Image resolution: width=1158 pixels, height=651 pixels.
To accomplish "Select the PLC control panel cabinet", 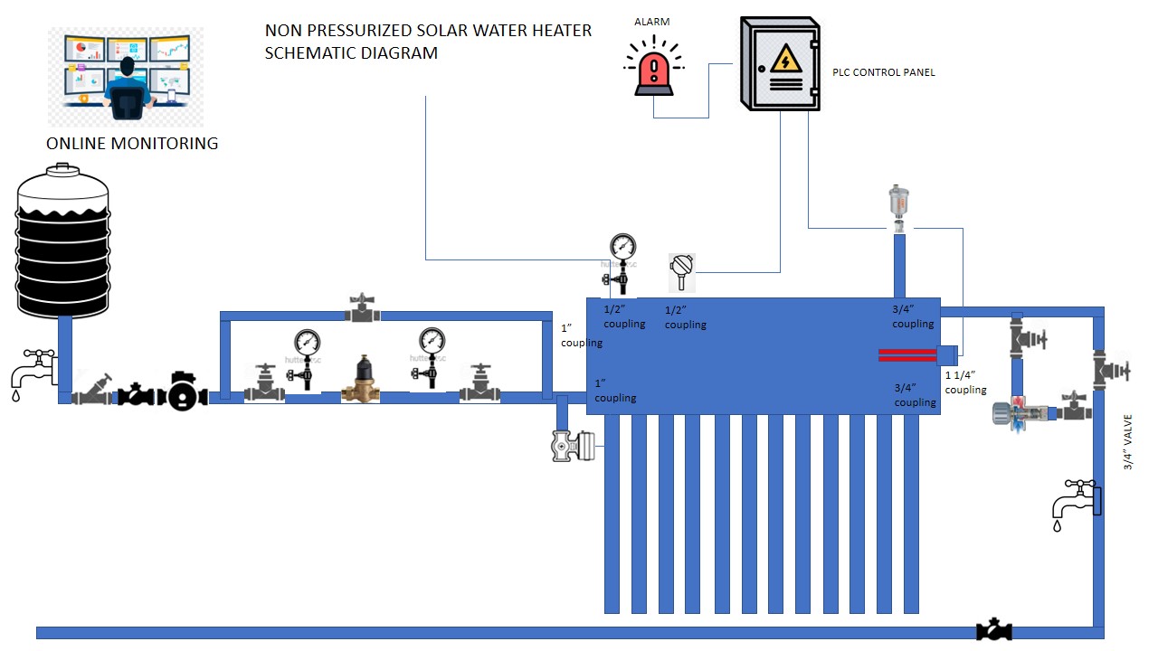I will click(x=780, y=63).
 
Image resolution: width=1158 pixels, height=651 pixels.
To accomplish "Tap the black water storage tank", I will click(x=63, y=240).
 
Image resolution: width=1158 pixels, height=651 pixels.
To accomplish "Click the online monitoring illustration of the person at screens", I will click(x=126, y=77).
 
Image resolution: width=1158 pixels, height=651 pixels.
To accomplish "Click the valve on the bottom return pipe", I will click(x=994, y=630).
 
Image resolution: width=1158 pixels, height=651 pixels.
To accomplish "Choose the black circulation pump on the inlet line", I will click(x=184, y=390).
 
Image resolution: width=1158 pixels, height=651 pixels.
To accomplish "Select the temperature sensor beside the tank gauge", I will click(x=681, y=271).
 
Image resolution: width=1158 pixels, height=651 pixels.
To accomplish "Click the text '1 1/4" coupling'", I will click(x=965, y=382).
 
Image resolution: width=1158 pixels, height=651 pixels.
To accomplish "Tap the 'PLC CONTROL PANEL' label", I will click(x=883, y=72).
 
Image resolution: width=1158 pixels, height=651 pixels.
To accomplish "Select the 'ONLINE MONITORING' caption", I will click(x=132, y=143).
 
